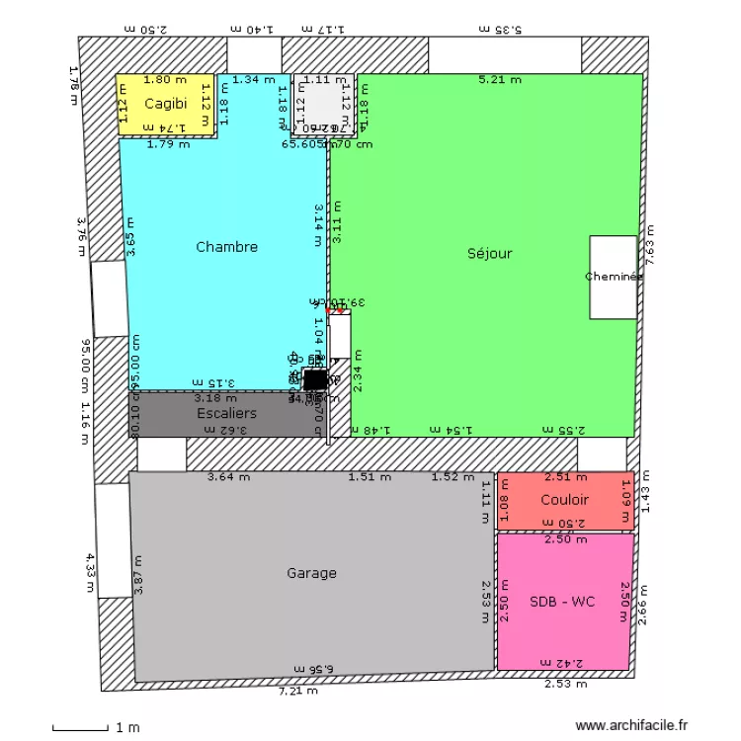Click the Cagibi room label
point(166,104)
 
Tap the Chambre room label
point(226,247)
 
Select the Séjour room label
point(490,254)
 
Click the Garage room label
point(311,573)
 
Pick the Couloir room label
point(564,500)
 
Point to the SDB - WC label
point(564,602)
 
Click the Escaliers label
point(226,413)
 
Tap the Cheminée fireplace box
point(614,278)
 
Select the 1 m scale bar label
point(127,728)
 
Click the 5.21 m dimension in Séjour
point(499,80)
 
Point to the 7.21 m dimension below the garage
point(297,691)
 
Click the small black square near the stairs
point(314,380)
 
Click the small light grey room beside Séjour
point(322,103)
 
